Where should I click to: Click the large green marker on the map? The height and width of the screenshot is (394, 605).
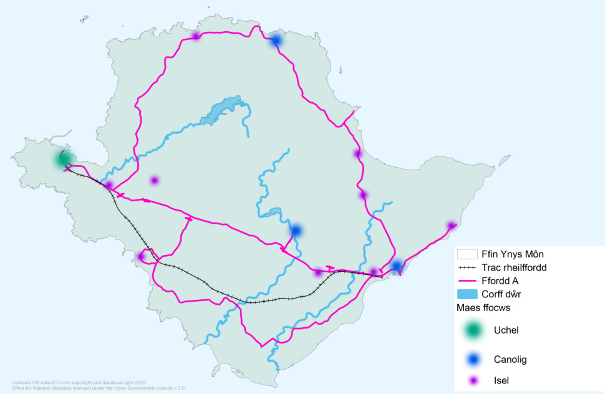63,159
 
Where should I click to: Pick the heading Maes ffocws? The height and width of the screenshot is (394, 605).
483,307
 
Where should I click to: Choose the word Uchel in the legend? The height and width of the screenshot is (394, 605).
506,330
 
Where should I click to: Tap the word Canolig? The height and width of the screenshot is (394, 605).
511,360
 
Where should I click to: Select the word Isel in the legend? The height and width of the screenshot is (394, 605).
502,380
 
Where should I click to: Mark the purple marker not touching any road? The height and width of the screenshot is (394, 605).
154,181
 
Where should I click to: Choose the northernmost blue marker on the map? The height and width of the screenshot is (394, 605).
276,41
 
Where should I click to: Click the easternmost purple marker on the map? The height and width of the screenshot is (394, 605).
451,226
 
